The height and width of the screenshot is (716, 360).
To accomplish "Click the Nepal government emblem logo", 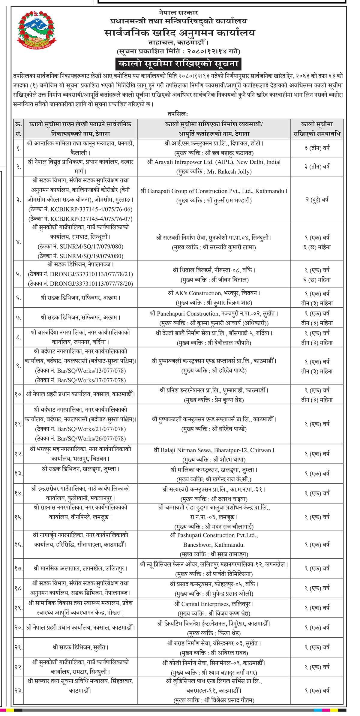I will click(37, 29).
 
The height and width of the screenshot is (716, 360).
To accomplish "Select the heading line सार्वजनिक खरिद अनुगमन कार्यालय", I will click(180, 32).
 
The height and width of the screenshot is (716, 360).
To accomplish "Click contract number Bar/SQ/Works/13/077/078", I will click(91, 371).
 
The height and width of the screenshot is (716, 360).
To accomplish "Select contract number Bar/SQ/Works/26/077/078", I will click(91, 438).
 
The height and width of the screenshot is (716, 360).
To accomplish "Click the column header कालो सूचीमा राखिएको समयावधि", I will click(317, 129).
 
